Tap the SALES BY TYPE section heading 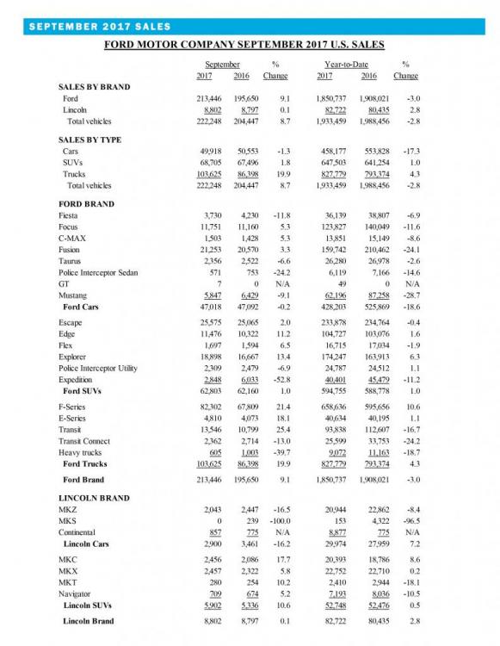pyautogui.click(x=90, y=140)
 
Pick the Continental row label pyautogui.click(x=79, y=535)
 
